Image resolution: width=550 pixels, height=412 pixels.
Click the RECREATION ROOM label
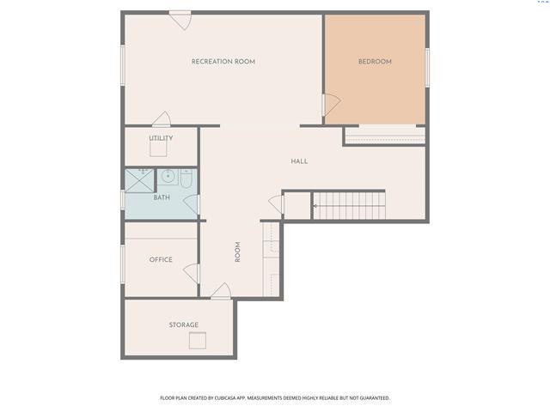(223, 62)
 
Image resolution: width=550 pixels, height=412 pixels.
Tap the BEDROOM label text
(375, 62)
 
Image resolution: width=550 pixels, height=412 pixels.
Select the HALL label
(299, 161)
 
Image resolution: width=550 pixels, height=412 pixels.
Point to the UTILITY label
(161, 138)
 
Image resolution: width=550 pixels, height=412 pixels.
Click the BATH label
(162, 197)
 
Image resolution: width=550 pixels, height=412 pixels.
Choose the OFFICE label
(161, 259)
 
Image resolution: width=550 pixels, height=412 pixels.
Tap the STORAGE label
(184, 324)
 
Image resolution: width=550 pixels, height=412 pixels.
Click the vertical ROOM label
(237, 251)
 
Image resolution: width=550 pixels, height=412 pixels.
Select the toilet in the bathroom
(186, 179)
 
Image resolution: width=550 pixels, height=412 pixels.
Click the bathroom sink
(168, 176)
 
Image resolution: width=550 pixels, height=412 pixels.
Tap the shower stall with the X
(139, 181)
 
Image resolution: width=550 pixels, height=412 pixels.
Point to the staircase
(349, 206)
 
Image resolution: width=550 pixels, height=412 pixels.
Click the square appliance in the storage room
(198, 340)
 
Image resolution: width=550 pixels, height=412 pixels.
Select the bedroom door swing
(332, 105)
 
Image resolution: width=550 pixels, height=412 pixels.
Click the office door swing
(192, 274)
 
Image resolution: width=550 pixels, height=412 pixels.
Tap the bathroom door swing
(192, 204)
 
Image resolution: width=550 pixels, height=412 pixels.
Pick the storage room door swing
(221, 291)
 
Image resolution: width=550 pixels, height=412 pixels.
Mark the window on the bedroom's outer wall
(427, 68)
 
